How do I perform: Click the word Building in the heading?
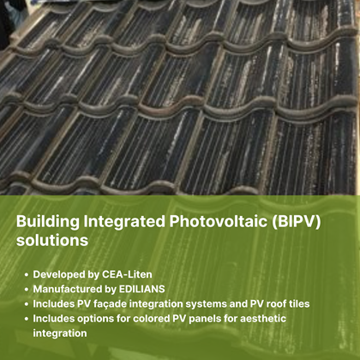tap(48, 222)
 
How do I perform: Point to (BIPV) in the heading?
tap(297, 222)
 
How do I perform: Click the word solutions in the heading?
tap(52, 240)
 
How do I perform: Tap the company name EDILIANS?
tap(141, 289)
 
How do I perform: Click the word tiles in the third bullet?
tap(299, 303)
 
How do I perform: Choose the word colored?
tap(152, 319)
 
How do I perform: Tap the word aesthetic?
tap(263, 319)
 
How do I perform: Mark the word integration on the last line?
tap(60, 333)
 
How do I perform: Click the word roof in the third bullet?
tap(276, 303)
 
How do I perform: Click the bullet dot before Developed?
tap(27, 275)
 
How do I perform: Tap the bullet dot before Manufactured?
tap(27, 290)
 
